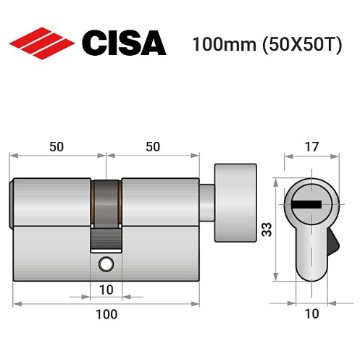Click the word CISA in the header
click(x=124, y=43)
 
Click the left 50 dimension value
click(x=56, y=146)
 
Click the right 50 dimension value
click(x=153, y=146)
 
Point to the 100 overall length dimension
click(x=106, y=314)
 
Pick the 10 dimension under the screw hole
click(x=106, y=290)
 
